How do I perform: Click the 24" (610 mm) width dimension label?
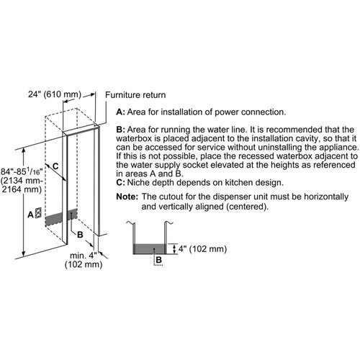click(55, 94)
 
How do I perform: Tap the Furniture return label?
click(135, 95)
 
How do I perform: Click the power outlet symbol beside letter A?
click(38, 213)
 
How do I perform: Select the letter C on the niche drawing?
click(55, 166)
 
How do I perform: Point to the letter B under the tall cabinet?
click(80, 235)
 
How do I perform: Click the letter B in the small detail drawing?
click(158, 259)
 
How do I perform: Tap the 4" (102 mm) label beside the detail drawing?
click(202, 249)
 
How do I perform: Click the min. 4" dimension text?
click(84, 256)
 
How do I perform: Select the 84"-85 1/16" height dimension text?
click(22, 171)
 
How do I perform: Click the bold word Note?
click(127, 197)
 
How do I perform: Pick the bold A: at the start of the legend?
click(120, 112)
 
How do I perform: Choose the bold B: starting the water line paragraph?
click(120, 130)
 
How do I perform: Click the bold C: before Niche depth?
click(120, 183)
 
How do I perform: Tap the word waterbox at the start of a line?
click(134, 138)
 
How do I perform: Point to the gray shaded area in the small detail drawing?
click(149, 249)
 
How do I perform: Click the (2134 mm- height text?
click(22, 181)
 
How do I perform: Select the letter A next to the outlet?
click(30, 215)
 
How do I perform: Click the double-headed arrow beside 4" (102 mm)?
click(174, 249)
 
